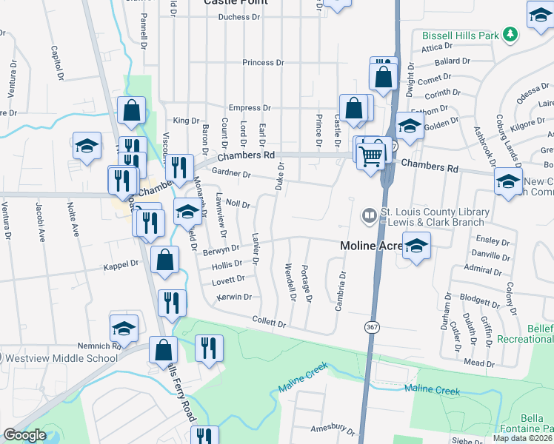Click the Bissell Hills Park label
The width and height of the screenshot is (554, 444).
point(459,35)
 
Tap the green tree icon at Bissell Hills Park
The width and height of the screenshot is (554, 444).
point(510,34)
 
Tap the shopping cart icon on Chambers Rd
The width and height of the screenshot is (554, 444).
point(370,154)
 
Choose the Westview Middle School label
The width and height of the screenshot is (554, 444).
point(61,359)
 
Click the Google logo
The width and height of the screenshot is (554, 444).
point(24,435)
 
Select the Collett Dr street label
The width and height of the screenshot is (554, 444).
point(269,323)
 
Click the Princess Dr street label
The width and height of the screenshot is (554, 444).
point(263,63)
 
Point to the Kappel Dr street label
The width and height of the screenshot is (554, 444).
point(121,263)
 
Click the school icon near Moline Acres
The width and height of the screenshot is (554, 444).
point(416,246)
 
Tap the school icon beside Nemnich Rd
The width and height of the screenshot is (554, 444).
point(124,328)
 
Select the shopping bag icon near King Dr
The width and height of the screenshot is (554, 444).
point(131,110)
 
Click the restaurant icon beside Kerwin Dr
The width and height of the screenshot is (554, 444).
point(172,303)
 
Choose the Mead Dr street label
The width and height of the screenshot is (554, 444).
point(479,363)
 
